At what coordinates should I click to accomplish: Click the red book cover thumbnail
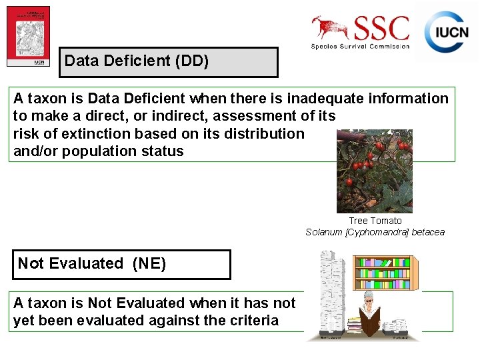coord(28,36)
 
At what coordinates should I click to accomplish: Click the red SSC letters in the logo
coord(383,29)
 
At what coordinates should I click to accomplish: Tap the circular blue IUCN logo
coord(446,32)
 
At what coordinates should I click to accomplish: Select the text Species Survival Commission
coord(360,46)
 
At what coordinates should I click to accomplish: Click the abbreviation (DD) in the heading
coord(192,61)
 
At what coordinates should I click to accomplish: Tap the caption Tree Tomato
coord(375,221)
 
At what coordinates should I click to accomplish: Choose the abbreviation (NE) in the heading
coord(149,263)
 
